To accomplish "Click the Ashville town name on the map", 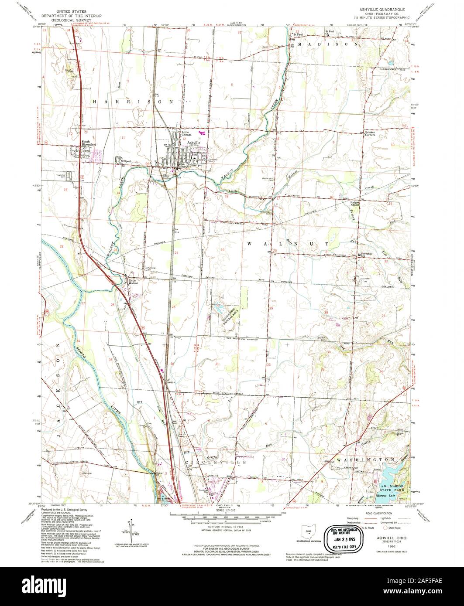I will [x=194, y=143].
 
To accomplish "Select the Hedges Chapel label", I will [x=357, y=203].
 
